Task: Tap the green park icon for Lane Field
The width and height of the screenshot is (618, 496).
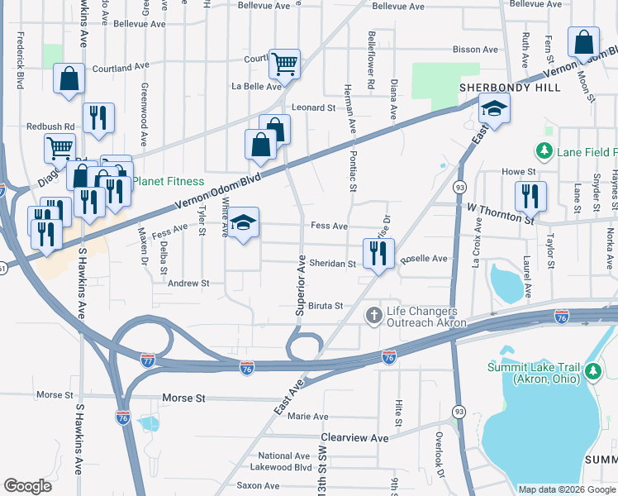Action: [544, 151]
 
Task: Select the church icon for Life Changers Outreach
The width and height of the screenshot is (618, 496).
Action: [373, 314]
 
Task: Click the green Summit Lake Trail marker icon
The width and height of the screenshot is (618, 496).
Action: [592, 372]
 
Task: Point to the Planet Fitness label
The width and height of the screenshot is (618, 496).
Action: [169, 181]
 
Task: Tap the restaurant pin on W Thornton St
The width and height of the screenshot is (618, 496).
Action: [530, 196]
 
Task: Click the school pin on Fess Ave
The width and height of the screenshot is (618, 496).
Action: [243, 223]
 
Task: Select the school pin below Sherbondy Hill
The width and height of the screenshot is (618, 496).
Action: [494, 108]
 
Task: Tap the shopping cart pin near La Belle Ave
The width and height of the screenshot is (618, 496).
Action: [284, 64]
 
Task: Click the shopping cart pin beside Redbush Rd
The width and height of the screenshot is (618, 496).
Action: [59, 149]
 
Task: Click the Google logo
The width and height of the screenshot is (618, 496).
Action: [27, 486]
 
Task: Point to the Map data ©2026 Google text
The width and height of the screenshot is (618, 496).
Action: [567, 489]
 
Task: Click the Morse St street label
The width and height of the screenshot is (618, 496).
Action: [183, 398]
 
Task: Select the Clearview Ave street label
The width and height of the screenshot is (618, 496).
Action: [354, 437]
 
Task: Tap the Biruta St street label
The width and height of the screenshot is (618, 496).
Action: [325, 306]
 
